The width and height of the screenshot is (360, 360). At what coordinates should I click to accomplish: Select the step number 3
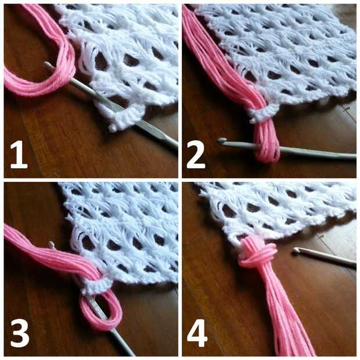click(x=20, y=333)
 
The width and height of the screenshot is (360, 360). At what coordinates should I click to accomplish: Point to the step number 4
click(x=197, y=333)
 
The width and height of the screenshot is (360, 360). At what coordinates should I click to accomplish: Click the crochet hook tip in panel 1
click(x=46, y=64)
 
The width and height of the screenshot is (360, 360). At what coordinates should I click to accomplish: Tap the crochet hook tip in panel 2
click(x=221, y=141)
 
